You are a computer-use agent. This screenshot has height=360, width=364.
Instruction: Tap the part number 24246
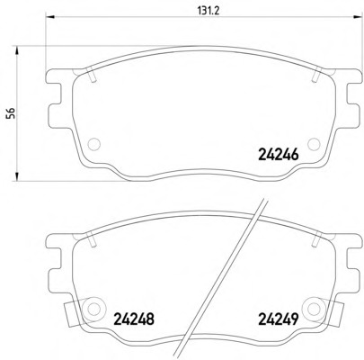[x=279, y=155]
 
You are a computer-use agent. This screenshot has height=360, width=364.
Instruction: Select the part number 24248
[x=134, y=319]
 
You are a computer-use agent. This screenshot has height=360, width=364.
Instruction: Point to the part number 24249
[x=279, y=319]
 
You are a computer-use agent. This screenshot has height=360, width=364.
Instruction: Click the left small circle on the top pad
[x=94, y=144]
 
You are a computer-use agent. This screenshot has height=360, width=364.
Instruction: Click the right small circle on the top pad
[x=314, y=144]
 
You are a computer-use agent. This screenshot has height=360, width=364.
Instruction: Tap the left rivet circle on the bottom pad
[x=94, y=309]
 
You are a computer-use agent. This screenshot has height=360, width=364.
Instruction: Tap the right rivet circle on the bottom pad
[x=314, y=309]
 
